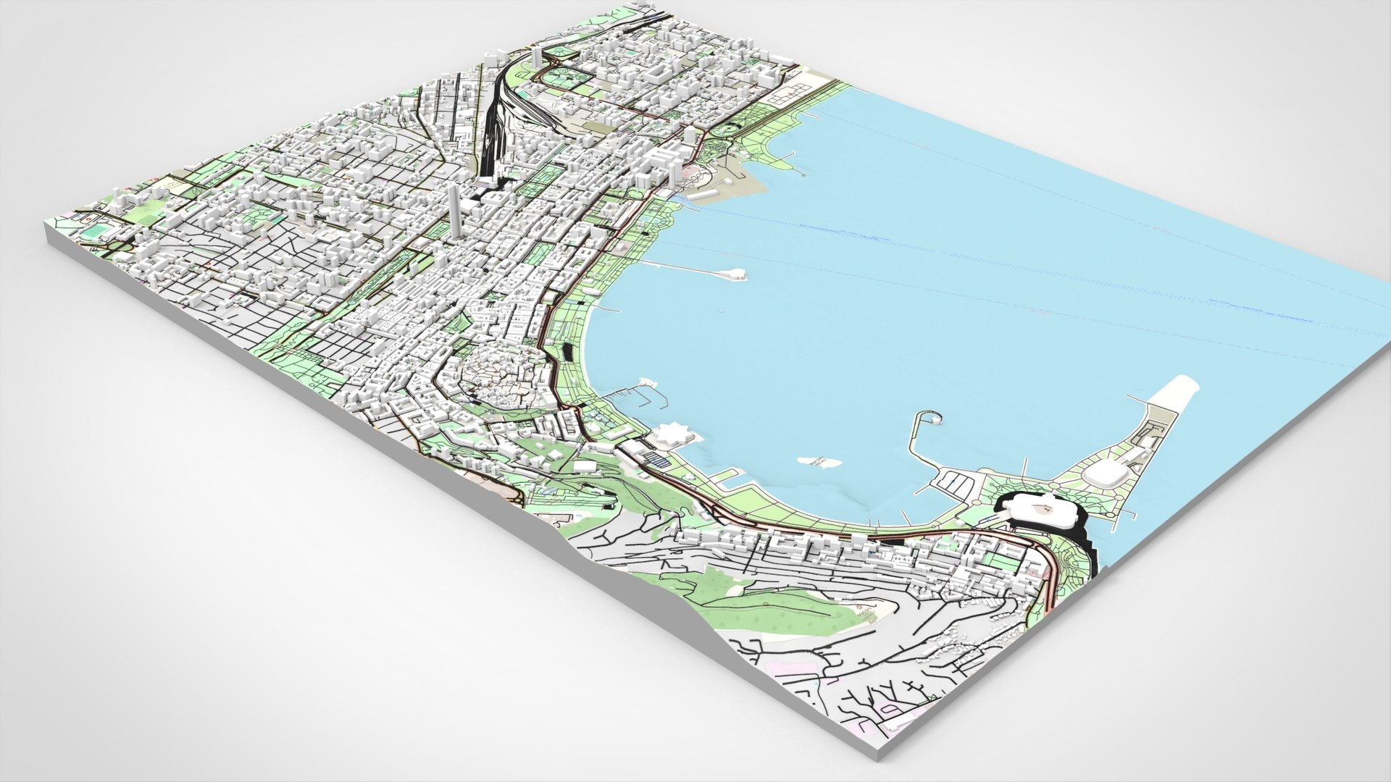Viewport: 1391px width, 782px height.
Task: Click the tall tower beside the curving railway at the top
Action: (537, 58)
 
